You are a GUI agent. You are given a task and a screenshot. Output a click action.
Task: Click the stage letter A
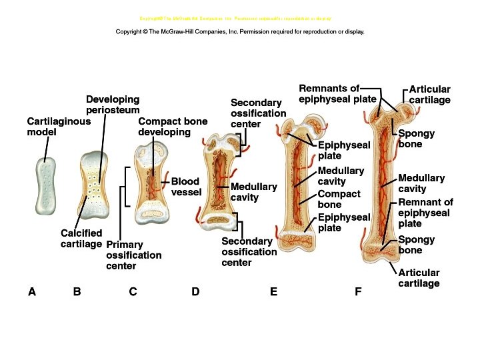click(x=31, y=291)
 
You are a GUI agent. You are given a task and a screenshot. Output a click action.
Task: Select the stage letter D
click(x=195, y=291)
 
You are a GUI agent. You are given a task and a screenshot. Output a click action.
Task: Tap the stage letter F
click(x=358, y=291)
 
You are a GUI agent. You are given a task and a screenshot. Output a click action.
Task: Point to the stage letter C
click(x=133, y=291)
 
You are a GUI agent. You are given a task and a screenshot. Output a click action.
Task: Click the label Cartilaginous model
click(x=59, y=127)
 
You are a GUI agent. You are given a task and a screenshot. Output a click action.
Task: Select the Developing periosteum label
click(x=113, y=104)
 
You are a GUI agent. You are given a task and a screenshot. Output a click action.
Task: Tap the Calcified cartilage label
click(x=81, y=238)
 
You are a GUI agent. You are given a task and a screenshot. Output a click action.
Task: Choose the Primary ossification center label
click(x=133, y=255)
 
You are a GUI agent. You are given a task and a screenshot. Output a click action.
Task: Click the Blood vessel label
click(x=186, y=187)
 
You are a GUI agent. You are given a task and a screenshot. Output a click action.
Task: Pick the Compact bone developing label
click(x=173, y=127)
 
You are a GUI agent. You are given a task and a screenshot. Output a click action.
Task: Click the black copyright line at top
click(x=240, y=31)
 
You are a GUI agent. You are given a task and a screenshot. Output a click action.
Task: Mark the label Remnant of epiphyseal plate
click(x=425, y=213)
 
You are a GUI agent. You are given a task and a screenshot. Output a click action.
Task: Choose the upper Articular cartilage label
click(x=429, y=95)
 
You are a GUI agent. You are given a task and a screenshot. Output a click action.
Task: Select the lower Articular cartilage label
click(x=419, y=278)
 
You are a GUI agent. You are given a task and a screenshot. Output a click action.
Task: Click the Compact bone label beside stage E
click(x=339, y=199)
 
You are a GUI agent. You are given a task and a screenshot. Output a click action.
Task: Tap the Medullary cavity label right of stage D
click(x=253, y=192)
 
